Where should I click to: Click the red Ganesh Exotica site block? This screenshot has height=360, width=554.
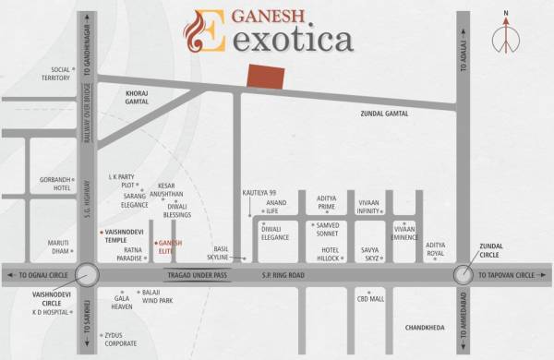[266, 77]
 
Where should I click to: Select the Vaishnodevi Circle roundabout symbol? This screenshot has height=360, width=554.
[88, 275]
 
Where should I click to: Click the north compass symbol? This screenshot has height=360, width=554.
[505, 40]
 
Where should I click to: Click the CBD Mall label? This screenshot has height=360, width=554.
[370, 298]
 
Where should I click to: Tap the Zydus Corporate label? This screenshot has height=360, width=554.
[120, 339]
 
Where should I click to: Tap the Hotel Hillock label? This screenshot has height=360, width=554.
[331, 254]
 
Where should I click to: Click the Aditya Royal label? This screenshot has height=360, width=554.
[435, 249]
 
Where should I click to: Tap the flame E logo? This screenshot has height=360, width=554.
[204, 31]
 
